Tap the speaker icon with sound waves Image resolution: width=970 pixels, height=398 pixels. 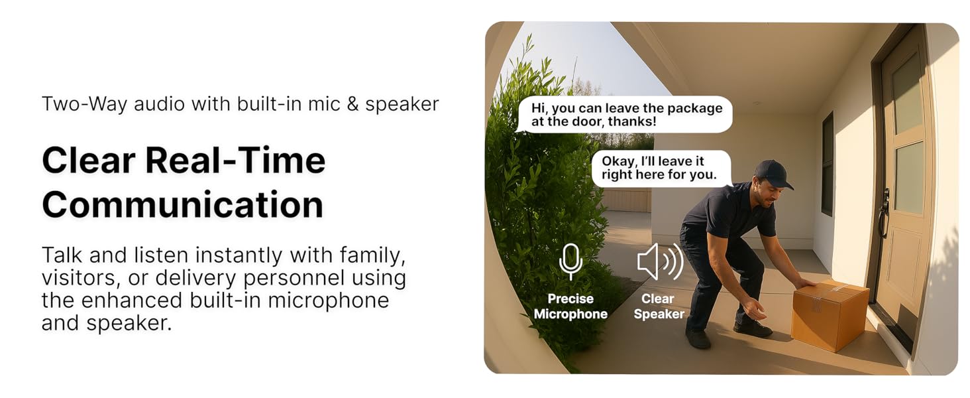(659, 261)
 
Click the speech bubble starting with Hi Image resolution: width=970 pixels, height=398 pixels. (625, 114)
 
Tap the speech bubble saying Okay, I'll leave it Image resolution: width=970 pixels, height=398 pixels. (661, 168)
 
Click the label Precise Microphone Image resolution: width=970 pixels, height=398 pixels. (570, 306)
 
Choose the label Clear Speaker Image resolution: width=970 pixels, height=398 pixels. (659, 306)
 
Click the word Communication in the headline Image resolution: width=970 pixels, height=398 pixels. (182, 204)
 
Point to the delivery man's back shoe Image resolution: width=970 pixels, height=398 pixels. (698, 339)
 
